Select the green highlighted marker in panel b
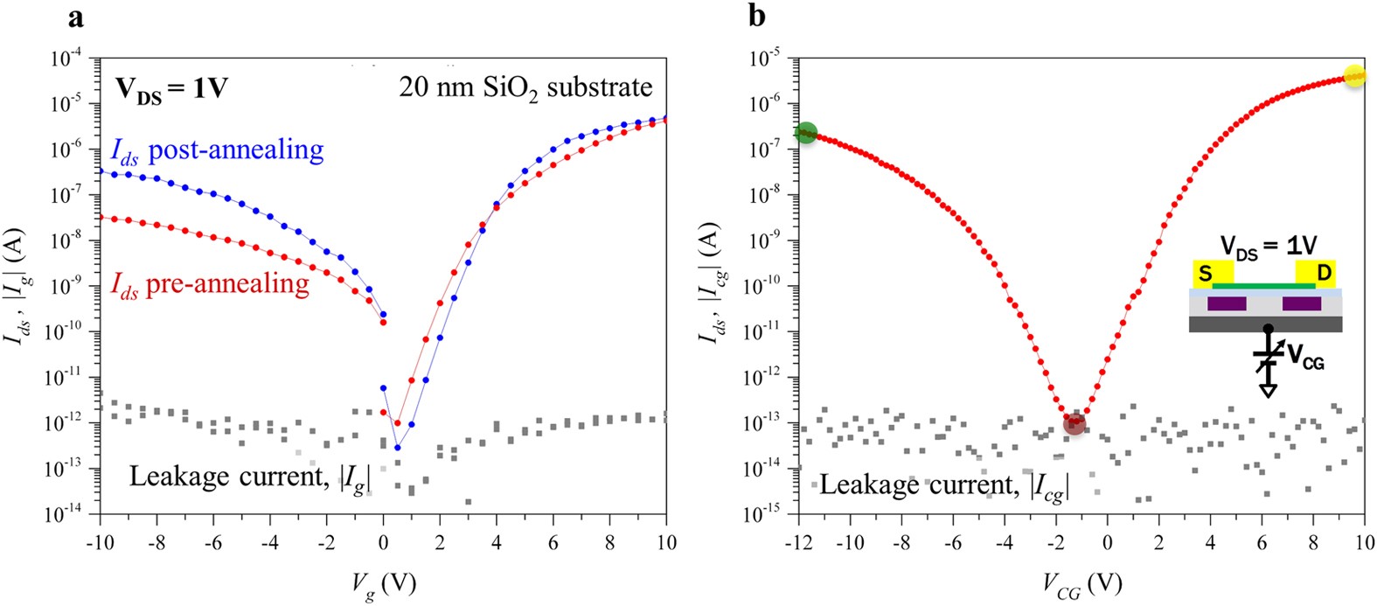pyautogui.click(x=806, y=132)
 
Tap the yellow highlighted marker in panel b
pyautogui.click(x=1353, y=76)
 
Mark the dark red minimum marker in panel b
pyautogui.click(x=1074, y=424)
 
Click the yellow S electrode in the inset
pyautogui.click(x=1207, y=274)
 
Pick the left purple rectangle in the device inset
pyautogui.click(x=1227, y=304)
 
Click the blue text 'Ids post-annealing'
pyautogui.click(x=217, y=150)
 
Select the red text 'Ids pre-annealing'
pyautogui.click(x=210, y=285)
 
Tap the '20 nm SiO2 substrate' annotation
pyautogui.click(x=525, y=87)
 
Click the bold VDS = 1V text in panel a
pyautogui.click(x=170, y=89)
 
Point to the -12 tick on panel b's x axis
pyautogui.click(x=797, y=542)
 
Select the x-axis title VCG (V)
pyautogui.click(x=1081, y=585)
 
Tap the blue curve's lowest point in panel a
pyautogui.click(x=398, y=448)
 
